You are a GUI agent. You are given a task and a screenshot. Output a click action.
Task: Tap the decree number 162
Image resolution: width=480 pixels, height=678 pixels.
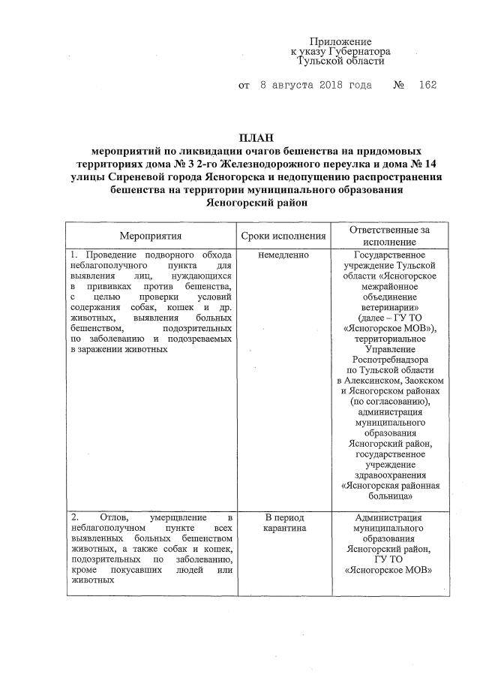pyautogui.click(x=428, y=86)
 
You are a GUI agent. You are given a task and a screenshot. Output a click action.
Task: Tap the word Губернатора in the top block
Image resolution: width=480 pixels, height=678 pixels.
pyautogui.click(x=362, y=51)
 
